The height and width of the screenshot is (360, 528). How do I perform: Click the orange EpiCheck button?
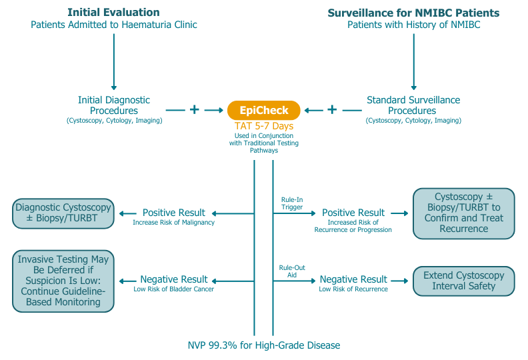[x=263, y=110]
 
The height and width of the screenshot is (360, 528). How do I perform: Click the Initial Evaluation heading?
[x=113, y=13]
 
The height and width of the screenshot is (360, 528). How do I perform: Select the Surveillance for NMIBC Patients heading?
[x=413, y=13]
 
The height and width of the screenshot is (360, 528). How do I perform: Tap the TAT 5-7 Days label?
[x=263, y=126]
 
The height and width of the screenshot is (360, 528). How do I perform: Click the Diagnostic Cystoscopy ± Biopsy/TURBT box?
[x=63, y=213]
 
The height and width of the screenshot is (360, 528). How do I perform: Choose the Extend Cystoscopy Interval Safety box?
[x=464, y=281]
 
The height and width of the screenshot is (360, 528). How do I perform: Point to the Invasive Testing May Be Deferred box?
[x=63, y=280]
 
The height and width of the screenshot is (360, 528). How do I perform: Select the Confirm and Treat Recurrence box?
[x=464, y=213]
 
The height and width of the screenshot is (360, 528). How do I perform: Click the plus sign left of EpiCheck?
[x=194, y=109]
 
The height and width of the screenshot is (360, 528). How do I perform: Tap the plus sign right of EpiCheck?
[x=331, y=109]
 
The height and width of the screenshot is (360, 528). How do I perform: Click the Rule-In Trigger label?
[x=291, y=203]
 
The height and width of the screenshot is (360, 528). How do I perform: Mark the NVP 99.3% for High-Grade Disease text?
[x=263, y=345]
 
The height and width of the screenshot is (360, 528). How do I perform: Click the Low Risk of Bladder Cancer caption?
[x=174, y=289]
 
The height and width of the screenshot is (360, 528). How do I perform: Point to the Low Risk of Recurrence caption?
[x=353, y=289]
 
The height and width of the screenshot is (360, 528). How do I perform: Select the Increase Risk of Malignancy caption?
[x=174, y=222]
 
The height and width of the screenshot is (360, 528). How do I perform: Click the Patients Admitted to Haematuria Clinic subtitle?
[x=113, y=25]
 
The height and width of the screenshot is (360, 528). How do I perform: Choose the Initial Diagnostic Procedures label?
[x=113, y=105]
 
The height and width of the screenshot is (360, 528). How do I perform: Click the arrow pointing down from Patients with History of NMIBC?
[x=413, y=60]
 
